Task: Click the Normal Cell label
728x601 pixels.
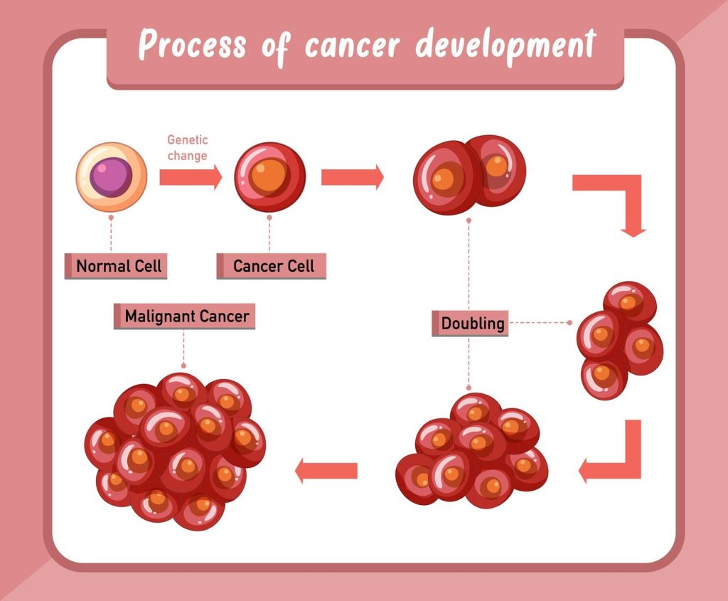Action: tap(119, 267)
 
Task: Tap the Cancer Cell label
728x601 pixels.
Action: tap(273, 267)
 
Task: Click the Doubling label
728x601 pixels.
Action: tap(472, 324)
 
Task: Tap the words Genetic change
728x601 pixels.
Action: tap(188, 148)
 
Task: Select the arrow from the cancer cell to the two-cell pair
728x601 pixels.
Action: tap(352, 177)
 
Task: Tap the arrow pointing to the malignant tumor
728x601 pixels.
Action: tap(326, 470)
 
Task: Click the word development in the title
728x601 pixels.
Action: tap(504, 46)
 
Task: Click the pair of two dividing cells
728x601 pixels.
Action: tap(469, 174)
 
